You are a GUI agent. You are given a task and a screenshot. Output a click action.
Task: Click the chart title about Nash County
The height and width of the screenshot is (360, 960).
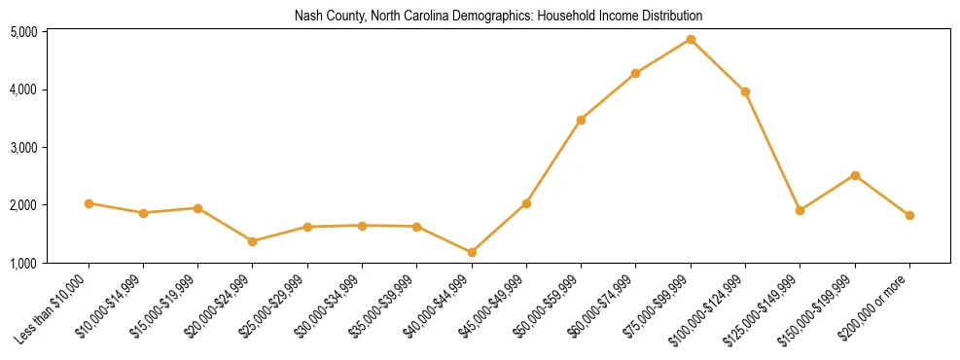point(498,17)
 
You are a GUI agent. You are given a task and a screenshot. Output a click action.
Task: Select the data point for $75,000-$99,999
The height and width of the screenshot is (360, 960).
point(691,40)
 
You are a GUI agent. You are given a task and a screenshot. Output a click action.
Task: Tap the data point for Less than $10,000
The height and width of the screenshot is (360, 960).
point(89,203)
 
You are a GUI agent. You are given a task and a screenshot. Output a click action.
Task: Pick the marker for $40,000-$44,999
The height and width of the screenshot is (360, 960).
point(472,252)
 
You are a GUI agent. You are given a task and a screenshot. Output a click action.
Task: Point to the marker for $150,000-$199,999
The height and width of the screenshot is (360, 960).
point(855,175)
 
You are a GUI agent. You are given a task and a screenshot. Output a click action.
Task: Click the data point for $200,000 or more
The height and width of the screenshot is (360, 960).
point(909,215)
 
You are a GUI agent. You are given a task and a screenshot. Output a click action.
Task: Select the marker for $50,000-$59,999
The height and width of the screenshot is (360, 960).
point(581,120)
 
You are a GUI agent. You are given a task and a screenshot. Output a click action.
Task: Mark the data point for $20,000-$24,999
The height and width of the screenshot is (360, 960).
point(253,241)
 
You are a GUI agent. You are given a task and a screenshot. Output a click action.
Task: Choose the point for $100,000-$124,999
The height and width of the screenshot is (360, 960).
point(745,91)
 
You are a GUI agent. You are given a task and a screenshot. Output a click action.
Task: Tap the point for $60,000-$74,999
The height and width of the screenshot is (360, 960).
point(635,73)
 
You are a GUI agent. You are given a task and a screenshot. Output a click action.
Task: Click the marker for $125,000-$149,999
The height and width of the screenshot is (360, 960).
point(800,210)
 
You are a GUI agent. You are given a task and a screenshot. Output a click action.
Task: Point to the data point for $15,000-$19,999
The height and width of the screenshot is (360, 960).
point(197,208)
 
